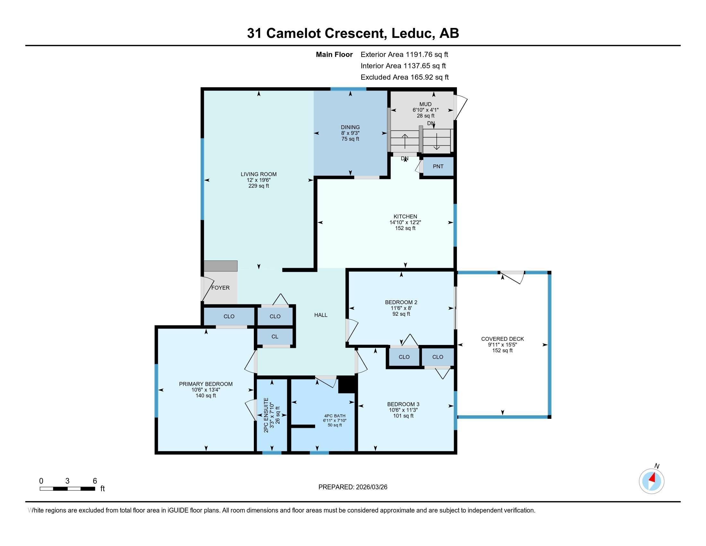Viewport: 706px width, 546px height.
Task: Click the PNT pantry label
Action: coord(438,166)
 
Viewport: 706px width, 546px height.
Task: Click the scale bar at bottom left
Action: coord(67,489)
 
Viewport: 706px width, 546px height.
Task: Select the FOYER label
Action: coord(220,287)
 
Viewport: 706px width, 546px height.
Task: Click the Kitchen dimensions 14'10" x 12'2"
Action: coord(405,222)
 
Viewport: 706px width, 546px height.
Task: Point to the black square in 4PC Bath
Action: coord(347,385)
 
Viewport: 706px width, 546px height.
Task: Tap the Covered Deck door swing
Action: coord(513,277)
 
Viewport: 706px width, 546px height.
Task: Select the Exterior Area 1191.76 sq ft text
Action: coord(404,54)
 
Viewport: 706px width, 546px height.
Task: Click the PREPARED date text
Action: coord(353,487)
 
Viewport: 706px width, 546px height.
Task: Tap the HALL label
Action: coord(321,315)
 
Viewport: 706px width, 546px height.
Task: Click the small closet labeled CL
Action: coord(275,336)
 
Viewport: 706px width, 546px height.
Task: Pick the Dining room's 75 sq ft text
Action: coord(350,139)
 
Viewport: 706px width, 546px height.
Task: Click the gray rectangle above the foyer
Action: coord(221,266)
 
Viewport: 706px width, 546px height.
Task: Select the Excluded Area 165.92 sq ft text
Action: coord(404,77)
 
